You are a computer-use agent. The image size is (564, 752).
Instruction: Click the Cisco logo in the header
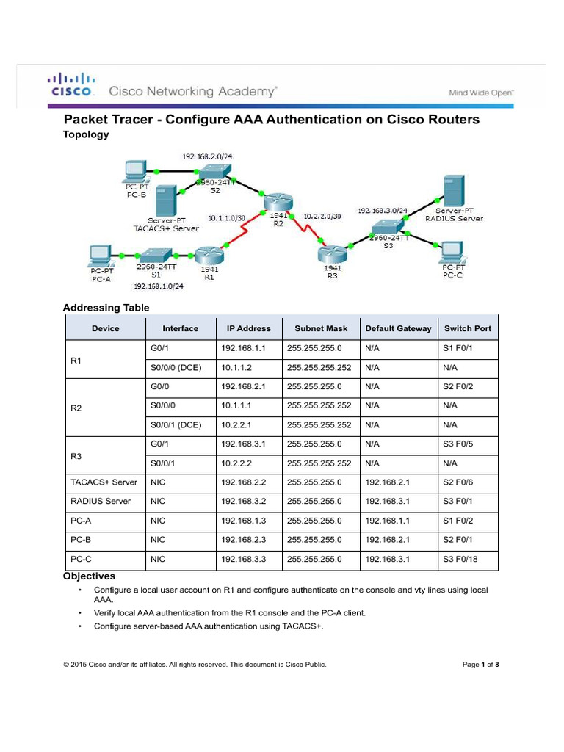[x=71, y=84]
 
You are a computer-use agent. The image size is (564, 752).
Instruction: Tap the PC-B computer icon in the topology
[x=134, y=170]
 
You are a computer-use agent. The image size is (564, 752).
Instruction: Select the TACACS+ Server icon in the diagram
[x=166, y=200]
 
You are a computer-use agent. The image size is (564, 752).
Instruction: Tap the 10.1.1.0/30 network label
[x=227, y=217]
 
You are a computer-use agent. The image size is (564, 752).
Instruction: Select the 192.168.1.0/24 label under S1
[x=158, y=286]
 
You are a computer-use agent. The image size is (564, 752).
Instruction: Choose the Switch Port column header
[x=468, y=328]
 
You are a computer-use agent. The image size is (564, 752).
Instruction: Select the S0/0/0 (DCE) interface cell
[x=176, y=366]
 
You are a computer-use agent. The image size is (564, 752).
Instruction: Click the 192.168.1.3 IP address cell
[x=242, y=520]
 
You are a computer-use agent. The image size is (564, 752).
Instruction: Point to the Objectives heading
[x=89, y=576]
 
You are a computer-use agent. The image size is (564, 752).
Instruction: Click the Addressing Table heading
[x=106, y=308]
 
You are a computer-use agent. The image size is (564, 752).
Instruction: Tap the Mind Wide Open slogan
[x=481, y=93]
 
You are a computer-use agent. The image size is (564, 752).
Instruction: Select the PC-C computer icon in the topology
[x=453, y=252]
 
